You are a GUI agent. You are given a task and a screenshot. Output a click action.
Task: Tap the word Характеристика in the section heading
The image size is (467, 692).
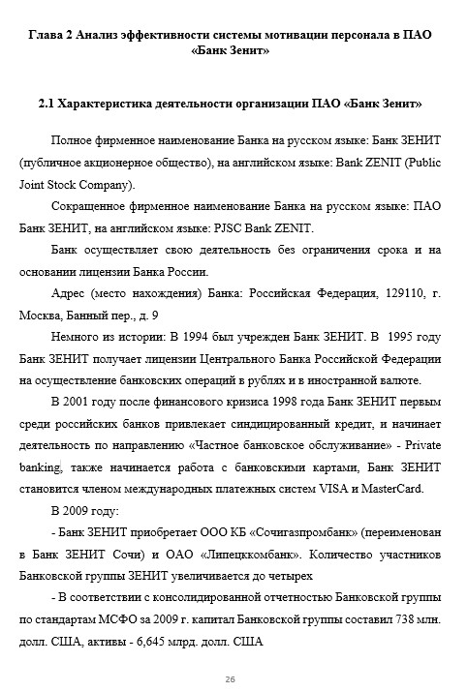(x=108, y=102)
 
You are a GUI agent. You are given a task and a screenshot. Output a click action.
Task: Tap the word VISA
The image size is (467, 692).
(x=335, y=488)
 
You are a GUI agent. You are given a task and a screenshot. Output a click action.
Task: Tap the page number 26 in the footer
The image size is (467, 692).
(x=231, y=679)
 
